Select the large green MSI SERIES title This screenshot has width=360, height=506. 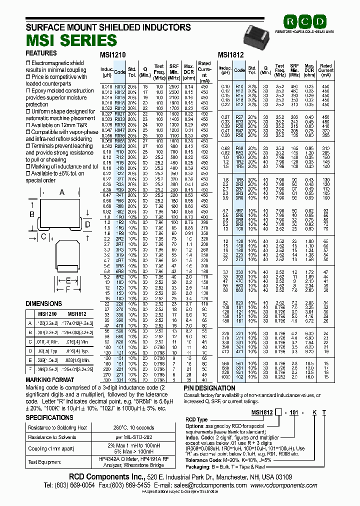click(71, 40)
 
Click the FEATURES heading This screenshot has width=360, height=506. click(41, 53)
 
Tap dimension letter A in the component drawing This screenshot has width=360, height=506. click(62, 192)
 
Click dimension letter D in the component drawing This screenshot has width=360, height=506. click(88, 224)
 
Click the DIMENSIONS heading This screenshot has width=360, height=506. click(44, 303)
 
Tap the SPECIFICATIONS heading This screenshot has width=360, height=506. click(49, 417)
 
